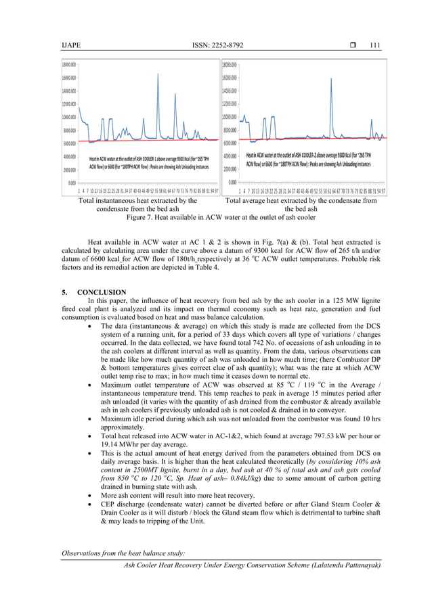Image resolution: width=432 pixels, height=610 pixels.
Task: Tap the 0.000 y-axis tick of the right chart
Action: (232, 182)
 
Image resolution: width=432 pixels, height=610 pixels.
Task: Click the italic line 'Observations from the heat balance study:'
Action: (120, 555)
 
